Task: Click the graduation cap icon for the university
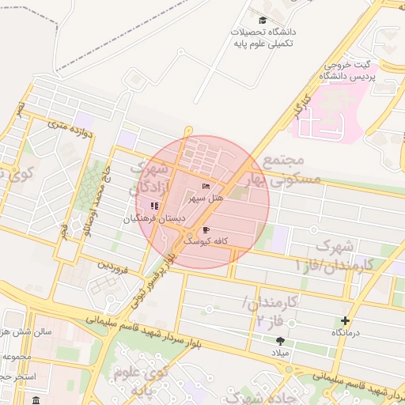[263, 20]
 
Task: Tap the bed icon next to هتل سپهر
[206, 186]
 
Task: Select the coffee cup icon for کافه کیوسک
[206, 229]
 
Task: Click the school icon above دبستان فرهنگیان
[153, 206]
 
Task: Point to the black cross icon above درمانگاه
[345, 320]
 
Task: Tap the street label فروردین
[112, 265]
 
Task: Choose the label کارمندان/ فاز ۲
[270, 311]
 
